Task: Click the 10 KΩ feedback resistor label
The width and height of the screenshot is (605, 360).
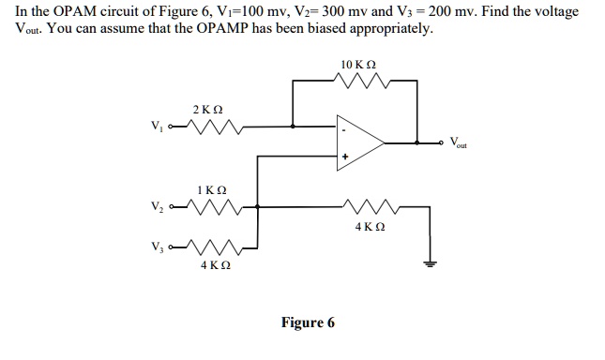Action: (x=358, y=65)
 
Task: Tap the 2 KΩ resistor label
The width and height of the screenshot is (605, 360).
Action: (x=207, y=110)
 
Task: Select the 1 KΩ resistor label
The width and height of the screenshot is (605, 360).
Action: (x=212, y=190)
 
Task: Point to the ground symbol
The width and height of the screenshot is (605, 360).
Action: (x=430, y=264)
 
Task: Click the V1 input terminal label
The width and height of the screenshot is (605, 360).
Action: (x=157, y=126)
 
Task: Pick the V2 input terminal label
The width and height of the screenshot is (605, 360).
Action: (x=157, y=206)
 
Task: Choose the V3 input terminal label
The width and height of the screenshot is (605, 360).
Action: (x=157, y=247)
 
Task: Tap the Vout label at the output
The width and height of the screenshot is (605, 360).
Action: (x=458, y=142)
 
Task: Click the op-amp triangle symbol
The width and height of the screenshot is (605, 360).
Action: (x=360, y=142)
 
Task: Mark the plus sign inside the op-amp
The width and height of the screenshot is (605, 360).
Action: (x=345, y=157)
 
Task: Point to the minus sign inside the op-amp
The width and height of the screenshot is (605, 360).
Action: (x=344, y=130)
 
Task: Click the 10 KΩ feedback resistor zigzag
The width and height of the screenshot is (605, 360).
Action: (x=362, y=81)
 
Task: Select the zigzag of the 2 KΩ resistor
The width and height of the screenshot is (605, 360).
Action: (x=215, y=127)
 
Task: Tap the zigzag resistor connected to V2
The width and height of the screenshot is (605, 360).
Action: (x=215, y=207)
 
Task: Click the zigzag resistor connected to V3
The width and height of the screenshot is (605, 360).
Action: (x=215, y=247)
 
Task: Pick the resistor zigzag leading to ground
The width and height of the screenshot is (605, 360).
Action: (x=370, y=207)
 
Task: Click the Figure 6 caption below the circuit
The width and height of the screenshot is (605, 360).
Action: (x=308, y=322)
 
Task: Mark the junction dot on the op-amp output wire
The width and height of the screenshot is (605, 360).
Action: (x=417, y=142)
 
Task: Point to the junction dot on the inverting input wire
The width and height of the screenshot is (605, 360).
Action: (x=293, y=126)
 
